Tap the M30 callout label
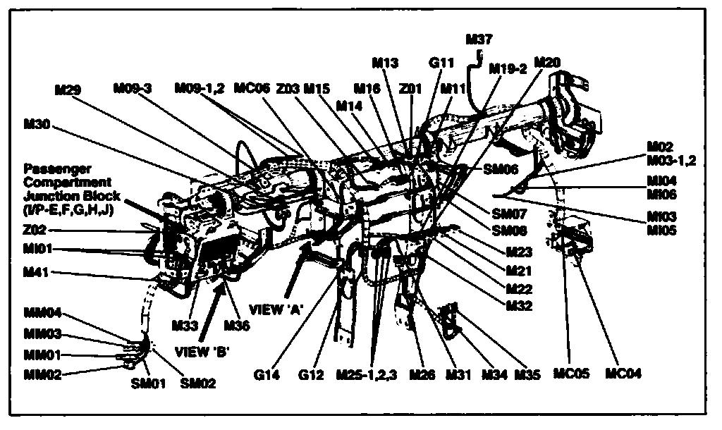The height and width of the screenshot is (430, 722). pyautogui.click(x=37, y=123)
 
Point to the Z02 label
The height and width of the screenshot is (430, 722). pyautogui.click(x=36, y=231)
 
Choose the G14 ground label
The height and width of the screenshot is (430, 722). pyautogui.click(x=269, y=375)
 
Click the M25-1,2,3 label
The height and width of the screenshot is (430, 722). pyautogui.click(x=367, y=375)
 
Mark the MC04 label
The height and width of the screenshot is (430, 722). pyautogui.click(x=623, y=374)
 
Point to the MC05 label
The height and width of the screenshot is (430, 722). pyautogui.click(x=572, y=374)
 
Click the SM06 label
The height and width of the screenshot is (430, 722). pyautogui.click(x=501, y=170)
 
